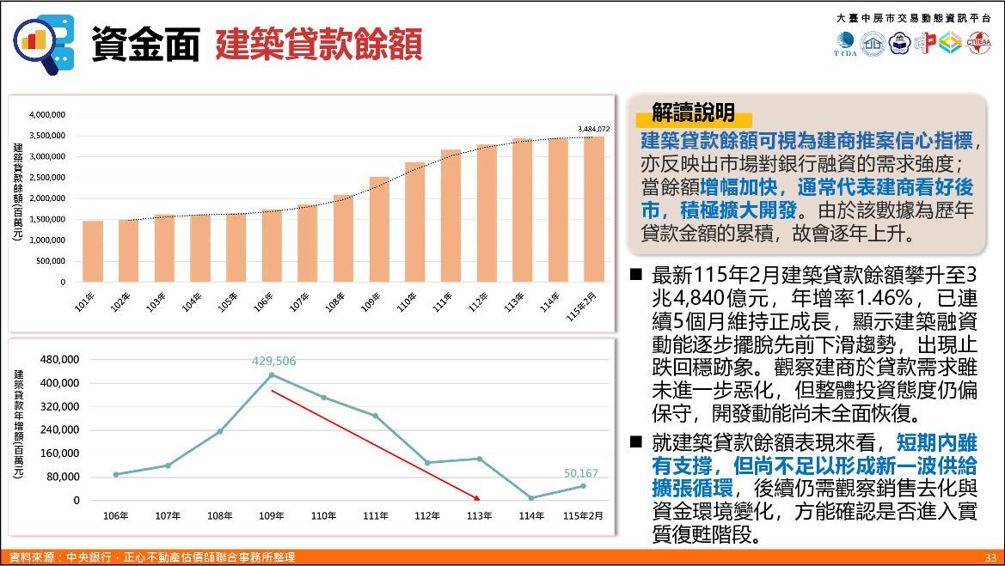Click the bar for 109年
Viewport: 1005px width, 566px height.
379,229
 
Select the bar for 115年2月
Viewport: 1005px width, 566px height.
594,209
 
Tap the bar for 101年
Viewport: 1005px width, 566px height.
93,251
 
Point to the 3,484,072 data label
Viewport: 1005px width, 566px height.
594,129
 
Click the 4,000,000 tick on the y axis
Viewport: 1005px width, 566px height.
47,114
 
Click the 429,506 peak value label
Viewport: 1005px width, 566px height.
273,362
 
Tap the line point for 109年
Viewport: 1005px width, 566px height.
272,374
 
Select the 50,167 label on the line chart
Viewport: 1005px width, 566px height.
581,473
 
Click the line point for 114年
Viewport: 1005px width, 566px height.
531,498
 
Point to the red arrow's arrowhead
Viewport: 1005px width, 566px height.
477,497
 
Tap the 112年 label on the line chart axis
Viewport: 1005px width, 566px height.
427,516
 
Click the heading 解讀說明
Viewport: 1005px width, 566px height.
693,112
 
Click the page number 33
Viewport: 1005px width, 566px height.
990,558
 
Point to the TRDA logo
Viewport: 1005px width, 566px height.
845,44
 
